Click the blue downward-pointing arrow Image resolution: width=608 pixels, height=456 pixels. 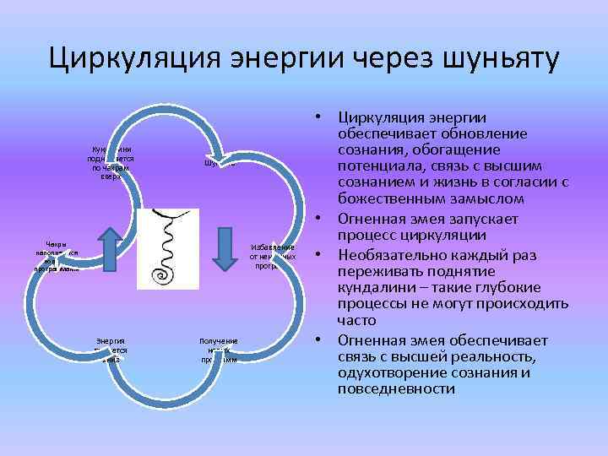225,249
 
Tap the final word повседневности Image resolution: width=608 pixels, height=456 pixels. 396,389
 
